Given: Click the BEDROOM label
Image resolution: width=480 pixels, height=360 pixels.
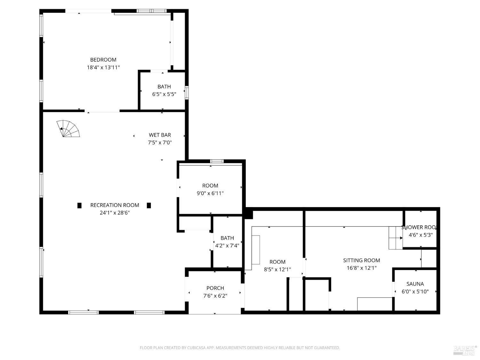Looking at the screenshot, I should (x=103, y=60).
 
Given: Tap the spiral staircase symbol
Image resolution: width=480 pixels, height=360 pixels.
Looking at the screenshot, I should (x=68, y=129).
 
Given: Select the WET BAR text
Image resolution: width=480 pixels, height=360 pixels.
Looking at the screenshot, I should (x=160, y=135).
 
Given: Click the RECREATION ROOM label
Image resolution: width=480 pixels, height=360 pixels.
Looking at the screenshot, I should (x=115, y=205).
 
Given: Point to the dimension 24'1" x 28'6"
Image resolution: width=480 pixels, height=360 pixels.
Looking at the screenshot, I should (x=115, y=213).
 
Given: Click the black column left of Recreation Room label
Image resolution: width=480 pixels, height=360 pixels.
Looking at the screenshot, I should (x=79, y=205).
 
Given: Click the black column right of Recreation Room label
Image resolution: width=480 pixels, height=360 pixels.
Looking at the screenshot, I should (x=149, y=205).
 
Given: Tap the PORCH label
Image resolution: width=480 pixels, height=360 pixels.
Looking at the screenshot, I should (x=215, y=288).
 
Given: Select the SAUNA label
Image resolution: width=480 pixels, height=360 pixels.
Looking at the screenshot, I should (x=415, y=284).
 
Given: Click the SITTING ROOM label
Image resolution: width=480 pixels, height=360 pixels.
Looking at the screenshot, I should (x=362, y=260).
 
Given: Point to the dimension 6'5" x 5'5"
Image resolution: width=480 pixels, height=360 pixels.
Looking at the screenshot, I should (x=164, y=94).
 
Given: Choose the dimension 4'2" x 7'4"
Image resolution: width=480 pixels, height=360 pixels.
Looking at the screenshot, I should (x=227, y=246).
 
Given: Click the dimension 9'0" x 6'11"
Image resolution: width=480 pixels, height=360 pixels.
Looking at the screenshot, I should (x=210, y=193).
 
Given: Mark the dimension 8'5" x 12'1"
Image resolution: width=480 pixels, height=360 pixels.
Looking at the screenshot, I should (x=277, y=269).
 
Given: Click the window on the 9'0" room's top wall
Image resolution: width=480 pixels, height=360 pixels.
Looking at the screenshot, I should (x=217, y=161).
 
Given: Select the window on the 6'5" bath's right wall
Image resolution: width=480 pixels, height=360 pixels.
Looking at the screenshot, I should (x=187, y=92).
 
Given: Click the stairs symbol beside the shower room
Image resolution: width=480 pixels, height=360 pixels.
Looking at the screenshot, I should (x=396, y=238).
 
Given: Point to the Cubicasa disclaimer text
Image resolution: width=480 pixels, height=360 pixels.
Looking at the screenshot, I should (x=240, y=348).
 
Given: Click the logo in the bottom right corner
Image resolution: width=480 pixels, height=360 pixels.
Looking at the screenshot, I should (x=465, y=350).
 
